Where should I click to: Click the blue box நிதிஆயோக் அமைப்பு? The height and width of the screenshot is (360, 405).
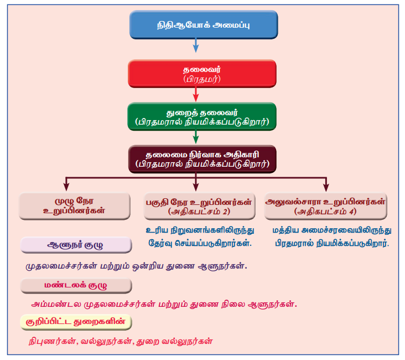pos(195,24)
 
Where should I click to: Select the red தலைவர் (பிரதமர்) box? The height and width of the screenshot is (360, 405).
pos(195,75)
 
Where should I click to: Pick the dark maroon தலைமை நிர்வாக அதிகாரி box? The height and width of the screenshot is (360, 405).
pos(195,158)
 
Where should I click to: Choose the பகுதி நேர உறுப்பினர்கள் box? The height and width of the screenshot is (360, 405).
pos(198,205)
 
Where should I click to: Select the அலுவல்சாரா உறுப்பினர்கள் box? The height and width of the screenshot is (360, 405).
pos(325,205)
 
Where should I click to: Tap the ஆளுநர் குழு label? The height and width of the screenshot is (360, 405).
pos(76,245)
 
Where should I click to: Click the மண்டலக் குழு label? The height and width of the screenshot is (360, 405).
pos(76,286)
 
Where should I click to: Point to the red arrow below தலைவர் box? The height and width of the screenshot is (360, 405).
pos(195,95)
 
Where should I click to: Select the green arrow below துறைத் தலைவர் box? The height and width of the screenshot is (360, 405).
pos(195,137)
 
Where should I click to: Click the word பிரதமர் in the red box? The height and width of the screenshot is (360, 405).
pos(195,80)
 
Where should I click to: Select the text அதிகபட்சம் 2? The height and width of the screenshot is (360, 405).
pos(198,211)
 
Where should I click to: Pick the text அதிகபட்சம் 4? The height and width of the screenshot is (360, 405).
pos(325,211)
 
